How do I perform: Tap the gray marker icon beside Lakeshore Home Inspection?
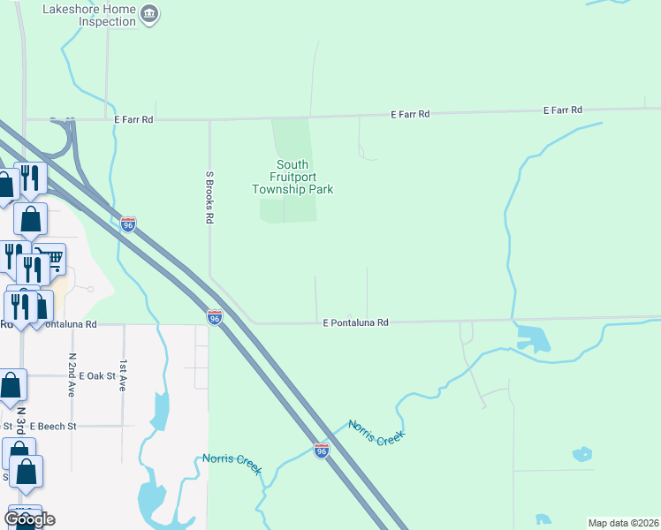click(x=149, y=13)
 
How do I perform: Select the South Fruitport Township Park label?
click(x=293, y=177)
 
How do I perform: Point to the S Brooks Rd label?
click(x=210, y=196)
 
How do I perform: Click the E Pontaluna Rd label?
click(x=355, y=323)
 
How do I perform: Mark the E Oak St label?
click(x=97, y=375)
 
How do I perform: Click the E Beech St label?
click(x=53, y=426)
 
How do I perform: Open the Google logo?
click(x=29, y=519)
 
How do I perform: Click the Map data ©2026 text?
click(x=623, y=523)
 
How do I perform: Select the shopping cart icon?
click(x=52, y=259)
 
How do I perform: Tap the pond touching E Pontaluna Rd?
click(x=533, y=338)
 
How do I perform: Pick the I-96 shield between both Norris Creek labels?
click(x=322, y=451)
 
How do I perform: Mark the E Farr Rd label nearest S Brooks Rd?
click(x=134, y=118)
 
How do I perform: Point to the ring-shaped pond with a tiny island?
click(x=581, y=455)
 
